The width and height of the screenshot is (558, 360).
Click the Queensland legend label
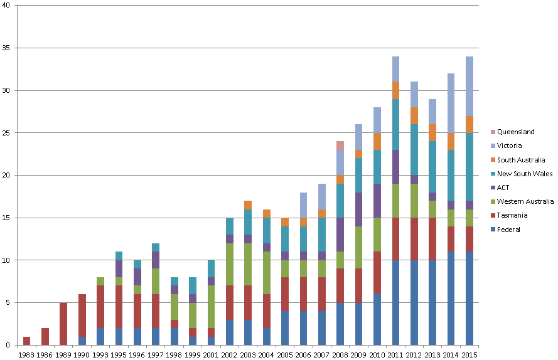(x=515, y=132)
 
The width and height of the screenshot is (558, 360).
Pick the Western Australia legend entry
(x=525, y=201)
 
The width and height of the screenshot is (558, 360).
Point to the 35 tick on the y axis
(x=8, y=48)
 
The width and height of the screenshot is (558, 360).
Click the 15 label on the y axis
(x=8, y=218)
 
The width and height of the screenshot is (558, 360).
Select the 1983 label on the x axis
(x=26, y=354)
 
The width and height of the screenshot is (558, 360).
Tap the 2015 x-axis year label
(x=469, y=354)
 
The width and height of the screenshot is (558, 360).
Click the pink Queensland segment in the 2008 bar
(x=340, y=146)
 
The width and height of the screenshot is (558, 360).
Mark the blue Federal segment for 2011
(x=395, y=302)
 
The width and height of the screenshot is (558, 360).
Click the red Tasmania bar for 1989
(x=63, y=324)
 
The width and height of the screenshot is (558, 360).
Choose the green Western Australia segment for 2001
(x=211, y=307)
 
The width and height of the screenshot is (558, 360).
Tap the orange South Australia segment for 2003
(x=248, y=204)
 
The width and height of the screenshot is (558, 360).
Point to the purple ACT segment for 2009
(x=358, y=209)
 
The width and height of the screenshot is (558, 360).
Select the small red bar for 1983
(x=26, y=341)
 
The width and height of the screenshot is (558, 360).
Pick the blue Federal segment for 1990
(x=82, y=341)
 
